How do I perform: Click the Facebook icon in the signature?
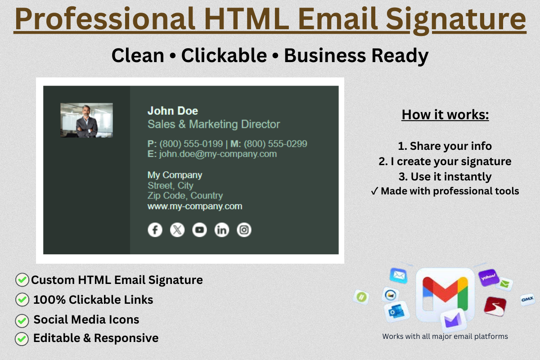point(155,230)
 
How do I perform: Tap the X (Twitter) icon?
point(177,230)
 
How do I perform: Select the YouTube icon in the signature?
point(199,230)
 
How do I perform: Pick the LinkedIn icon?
point(221,230)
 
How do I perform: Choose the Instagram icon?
point(244,230)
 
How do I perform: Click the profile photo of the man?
point(86,120)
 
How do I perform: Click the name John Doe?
point(173,111)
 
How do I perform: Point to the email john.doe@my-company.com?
point(218,154)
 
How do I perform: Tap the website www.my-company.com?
point(195,206)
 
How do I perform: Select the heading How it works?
point(445,114)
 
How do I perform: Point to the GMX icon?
point(527,299)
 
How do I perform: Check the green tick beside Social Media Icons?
point(22,320)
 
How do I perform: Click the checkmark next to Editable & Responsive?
point(22,338)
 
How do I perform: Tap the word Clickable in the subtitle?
point(224,55)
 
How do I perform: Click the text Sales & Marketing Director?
point(214,124)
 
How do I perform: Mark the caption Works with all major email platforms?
point(445,336)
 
